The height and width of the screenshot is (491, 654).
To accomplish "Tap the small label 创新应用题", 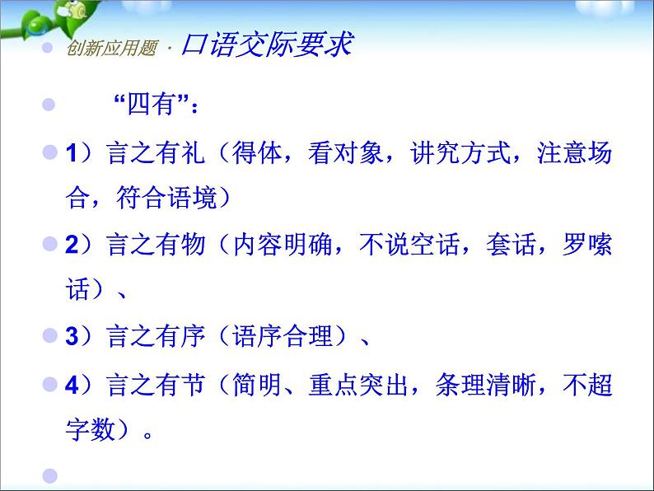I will [100, 48].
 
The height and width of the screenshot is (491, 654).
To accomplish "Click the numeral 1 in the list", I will [71, 153].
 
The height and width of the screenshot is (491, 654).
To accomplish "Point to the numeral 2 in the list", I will [71, 245].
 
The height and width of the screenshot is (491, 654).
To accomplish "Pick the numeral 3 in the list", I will [71, 336].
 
